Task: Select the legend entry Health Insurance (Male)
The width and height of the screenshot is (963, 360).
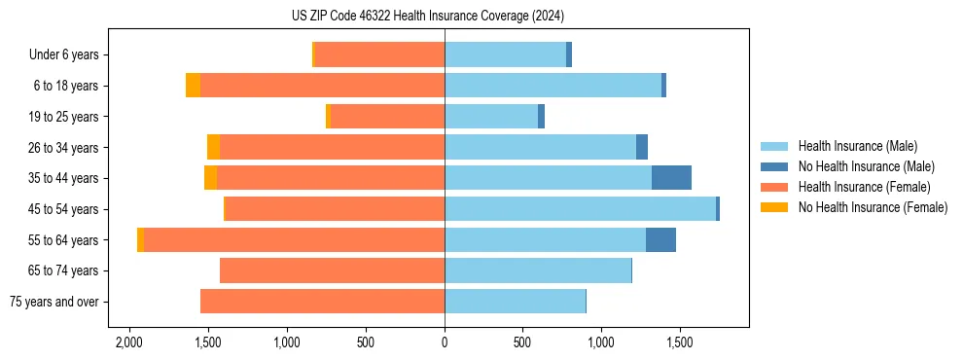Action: click(857, 146)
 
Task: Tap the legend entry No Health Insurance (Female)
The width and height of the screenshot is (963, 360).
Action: click(873, 207)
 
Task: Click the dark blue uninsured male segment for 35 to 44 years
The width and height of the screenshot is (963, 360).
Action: click(671, 178)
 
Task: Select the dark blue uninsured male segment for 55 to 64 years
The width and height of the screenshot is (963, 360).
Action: click(660, 239)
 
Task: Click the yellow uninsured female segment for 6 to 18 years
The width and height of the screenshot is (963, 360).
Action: click(193, 86)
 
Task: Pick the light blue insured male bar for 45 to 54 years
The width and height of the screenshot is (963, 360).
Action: click(580, 209)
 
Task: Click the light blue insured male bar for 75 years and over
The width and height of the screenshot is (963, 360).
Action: click(515, 302)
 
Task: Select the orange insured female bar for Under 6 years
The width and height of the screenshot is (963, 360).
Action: click(379, 55)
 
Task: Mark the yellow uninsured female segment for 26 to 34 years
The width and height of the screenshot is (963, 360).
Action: click(213, 147)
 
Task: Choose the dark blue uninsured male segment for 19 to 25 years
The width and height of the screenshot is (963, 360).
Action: click(541, 117)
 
